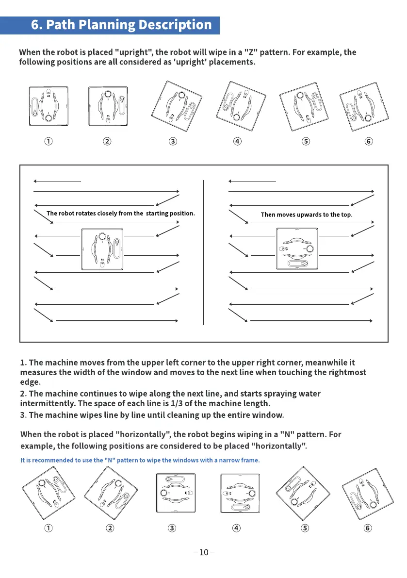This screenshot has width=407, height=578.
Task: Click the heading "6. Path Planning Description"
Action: click(x=121, y=25)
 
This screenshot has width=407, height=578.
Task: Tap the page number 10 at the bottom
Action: click(x=203, y=552)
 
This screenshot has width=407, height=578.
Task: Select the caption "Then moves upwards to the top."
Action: click(x=307, y=215)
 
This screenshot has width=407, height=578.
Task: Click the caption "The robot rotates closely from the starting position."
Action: click(x=121, y=213)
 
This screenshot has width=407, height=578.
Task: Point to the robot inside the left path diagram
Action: click(x=102, y=249)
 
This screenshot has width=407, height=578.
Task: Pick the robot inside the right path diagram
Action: click(x=297, y=249)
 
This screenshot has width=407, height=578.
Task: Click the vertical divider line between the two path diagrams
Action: click(x=203, y=252)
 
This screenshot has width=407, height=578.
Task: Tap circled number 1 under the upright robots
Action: click(x=49, y=141)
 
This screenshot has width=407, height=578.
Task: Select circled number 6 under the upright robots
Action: click(x=369, y=141)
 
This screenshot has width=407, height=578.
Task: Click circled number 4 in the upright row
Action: click(x=237, y=141)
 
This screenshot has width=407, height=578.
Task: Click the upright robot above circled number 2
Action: click(x=108, y=107)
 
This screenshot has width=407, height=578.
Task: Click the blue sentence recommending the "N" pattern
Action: click(x=140, y=460)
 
